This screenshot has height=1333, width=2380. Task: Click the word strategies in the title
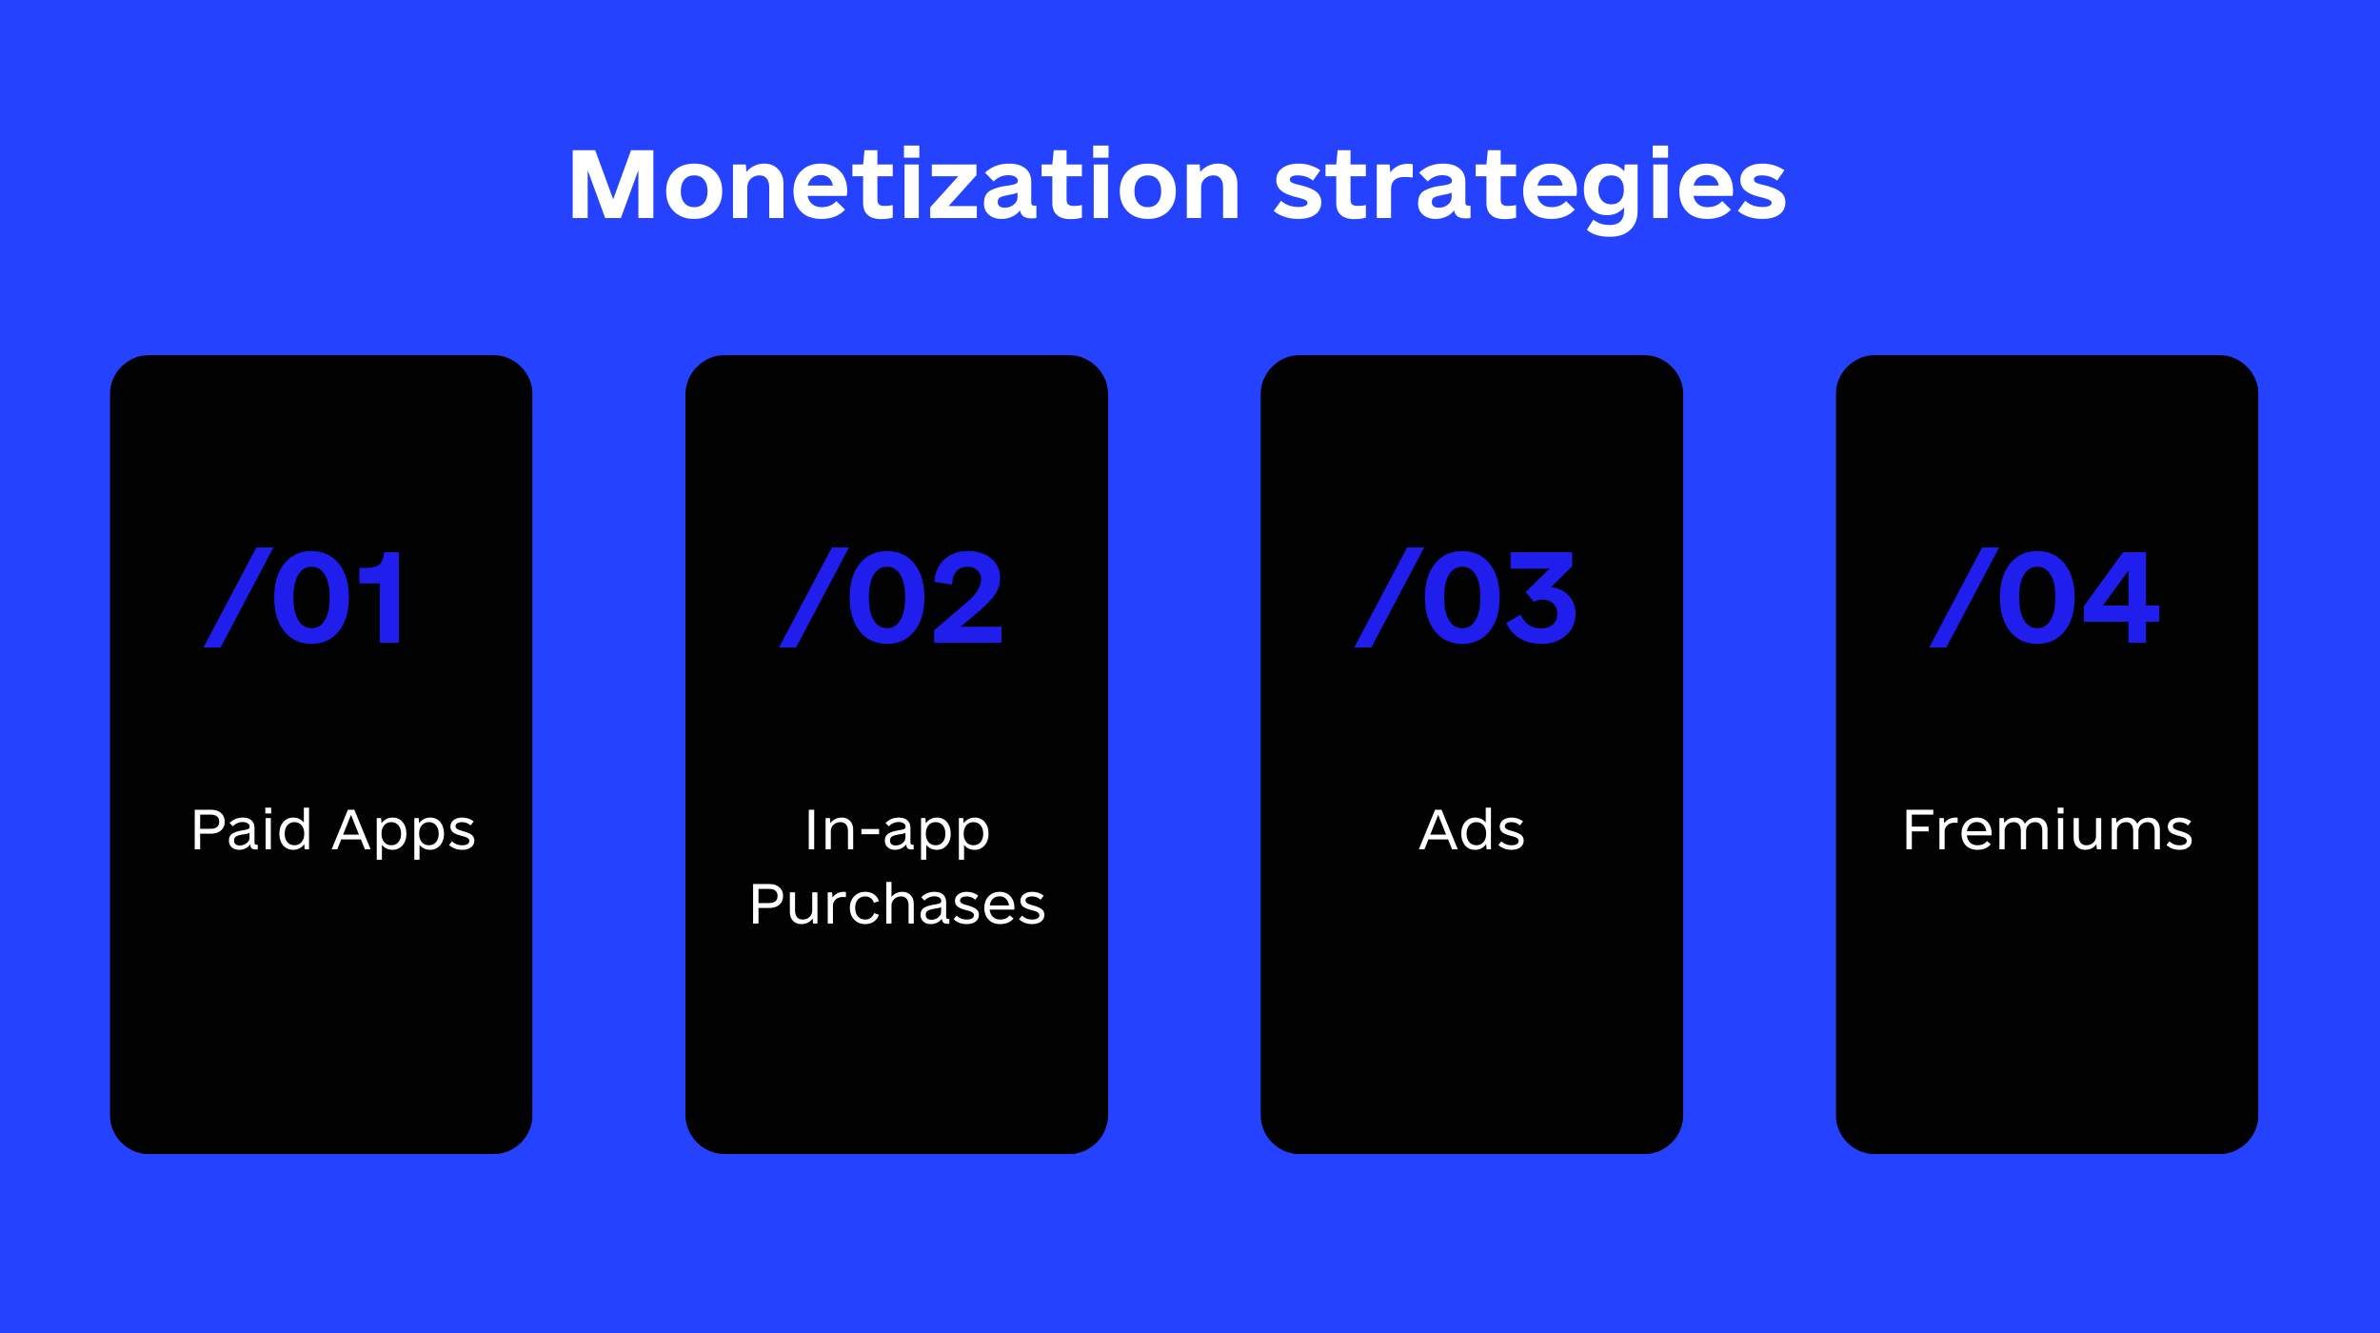pyautogui.click(x=1530, y=190)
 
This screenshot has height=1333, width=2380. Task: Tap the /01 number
pyautogui.click(x=303, y=597)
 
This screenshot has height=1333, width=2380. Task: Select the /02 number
pyautogui.click(x=891, y=597)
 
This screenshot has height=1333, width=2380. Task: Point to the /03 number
pyautogui.click(x=1466, y=597)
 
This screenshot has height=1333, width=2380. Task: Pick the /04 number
pyautogui.click(x=2044, y=597)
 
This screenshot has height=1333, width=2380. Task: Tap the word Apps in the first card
pyautogui.click(x=404, y=832)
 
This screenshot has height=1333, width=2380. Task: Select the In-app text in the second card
pyautogui.click(x=898, y=832)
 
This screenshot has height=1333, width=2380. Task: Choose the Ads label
pyautogui.click(x=1472, y=829)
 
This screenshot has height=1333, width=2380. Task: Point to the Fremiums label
pyautogui.click(x=2048, y=829)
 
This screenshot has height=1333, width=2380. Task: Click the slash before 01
pyautogui.click(x=238, y=597)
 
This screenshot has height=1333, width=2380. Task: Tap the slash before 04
pyautogui.click(x=1964, y=597)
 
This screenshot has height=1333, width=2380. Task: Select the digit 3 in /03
pyautogui.click(x=1542, y=597)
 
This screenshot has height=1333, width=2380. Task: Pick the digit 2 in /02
pyautogui.click(x=968, y=597)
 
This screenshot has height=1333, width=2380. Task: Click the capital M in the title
pyautogui.click(x=610, y=184)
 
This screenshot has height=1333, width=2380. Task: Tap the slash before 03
pyautogui.click(x=1389, y=597)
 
